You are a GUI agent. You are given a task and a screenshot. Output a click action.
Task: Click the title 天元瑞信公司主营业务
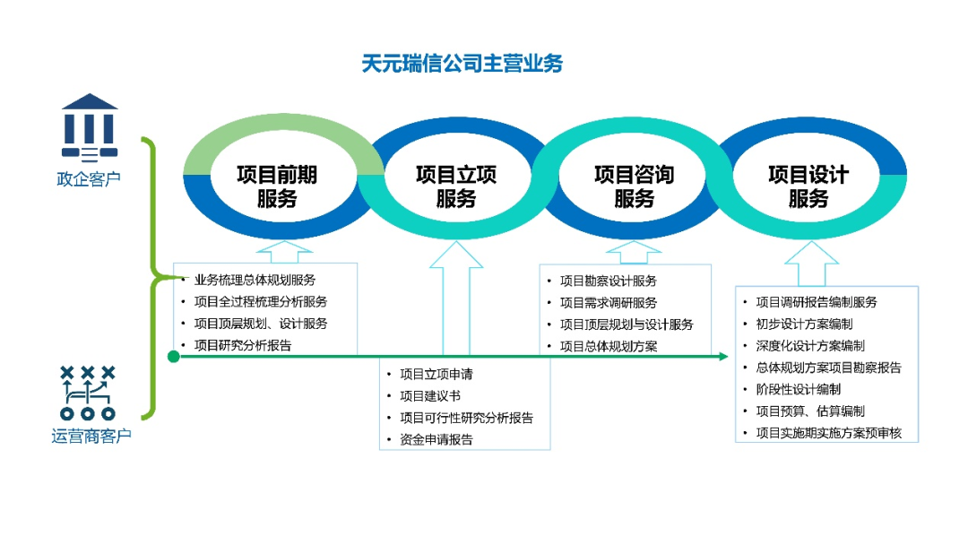[462, 64]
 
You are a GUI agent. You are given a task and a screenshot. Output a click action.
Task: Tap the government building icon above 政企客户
[90, 128]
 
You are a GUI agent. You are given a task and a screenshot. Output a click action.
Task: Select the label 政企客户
[89, 179]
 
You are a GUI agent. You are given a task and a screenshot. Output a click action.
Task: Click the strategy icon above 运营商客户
[88, 393]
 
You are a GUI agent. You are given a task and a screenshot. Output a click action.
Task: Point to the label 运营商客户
[91, 436]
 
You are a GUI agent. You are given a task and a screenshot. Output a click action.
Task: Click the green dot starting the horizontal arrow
[174, 356]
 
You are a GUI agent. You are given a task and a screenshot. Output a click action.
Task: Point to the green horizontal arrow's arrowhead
[723, 356]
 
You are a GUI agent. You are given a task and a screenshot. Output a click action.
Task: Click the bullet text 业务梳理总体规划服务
[255, 281]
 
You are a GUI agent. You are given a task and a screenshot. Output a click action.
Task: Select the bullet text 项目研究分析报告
[243, 346]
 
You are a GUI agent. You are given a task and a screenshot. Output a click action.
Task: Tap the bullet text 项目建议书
[429, 395]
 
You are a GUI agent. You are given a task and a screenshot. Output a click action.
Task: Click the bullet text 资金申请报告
[436, 439]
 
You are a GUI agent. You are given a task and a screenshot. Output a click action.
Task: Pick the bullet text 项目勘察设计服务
[608, 281]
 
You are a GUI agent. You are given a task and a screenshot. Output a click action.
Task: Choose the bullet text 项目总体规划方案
[608, 346]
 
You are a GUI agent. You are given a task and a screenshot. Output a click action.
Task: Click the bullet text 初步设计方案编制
[804, 324]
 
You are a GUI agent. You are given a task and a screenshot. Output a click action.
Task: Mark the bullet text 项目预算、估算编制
[810, 411]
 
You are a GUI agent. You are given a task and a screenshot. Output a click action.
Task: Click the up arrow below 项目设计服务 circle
[811, 264]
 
